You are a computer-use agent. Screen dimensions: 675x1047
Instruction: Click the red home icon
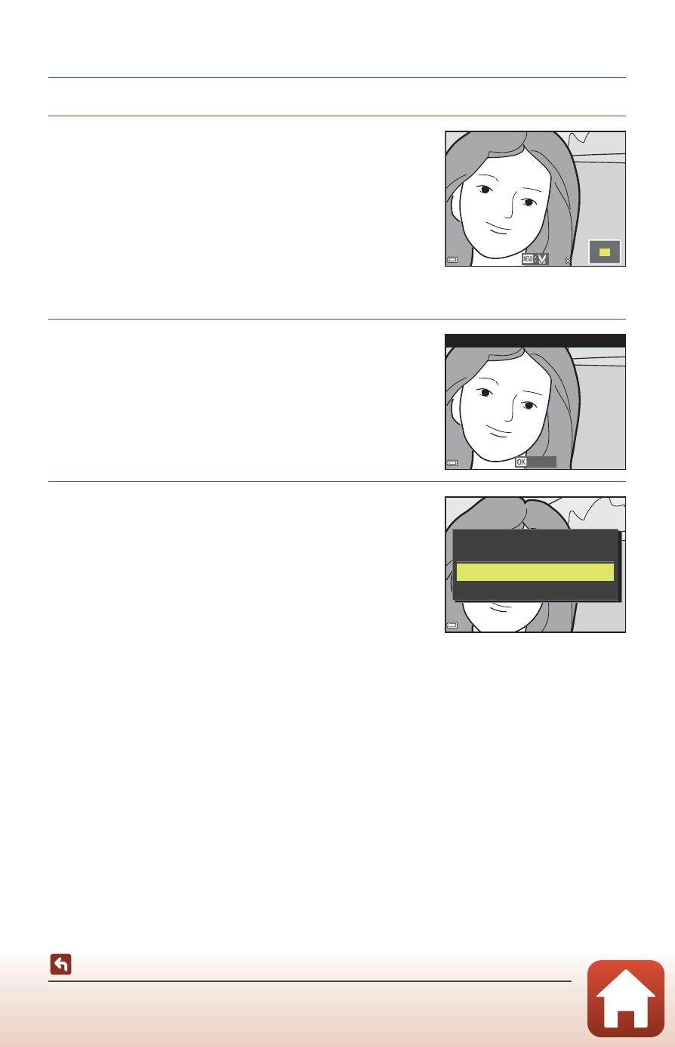[x=625, y=999]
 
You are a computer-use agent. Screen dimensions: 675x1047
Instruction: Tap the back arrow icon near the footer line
[x=60, y=964]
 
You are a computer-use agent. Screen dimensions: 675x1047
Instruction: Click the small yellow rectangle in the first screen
[x=605, y=252]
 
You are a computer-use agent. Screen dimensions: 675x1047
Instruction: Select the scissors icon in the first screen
[x=542, y=259]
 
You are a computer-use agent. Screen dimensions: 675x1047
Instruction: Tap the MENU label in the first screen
[x=528, y=259]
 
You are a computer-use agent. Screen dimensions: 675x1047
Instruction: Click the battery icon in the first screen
[x=452, y=260]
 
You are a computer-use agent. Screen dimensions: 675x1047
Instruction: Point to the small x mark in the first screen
[x=568, y=261]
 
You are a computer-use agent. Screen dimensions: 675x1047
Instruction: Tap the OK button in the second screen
[x=521, y=462]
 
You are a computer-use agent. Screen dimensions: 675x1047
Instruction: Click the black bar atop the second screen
[x=535, y=340]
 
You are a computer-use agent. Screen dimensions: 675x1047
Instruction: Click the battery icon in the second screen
[x=452, y=463]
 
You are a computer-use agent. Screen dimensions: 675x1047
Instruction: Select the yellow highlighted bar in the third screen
[x=535, y=572]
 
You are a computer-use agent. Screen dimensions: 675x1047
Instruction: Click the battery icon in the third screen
[x=452, y=625]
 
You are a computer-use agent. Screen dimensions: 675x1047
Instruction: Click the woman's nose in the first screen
[x=510, y=205]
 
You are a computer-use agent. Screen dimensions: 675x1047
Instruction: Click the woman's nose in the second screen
[x=510, y=408]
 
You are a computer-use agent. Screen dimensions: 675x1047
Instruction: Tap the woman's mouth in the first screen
[x=499, y=228]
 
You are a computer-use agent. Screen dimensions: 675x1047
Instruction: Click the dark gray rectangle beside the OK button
[x=541, y=462]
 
